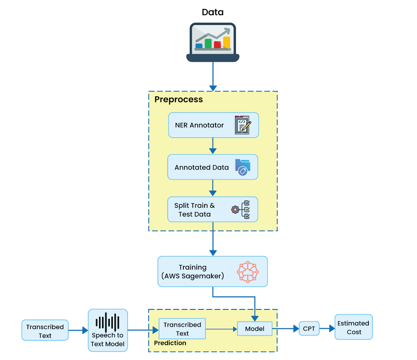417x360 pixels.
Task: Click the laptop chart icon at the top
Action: [212, 43]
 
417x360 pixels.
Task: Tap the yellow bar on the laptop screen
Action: [226, 42]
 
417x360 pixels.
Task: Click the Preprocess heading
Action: [179, 100]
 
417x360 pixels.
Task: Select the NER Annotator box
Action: [213, 125]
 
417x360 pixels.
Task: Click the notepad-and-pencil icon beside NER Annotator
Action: [242, 125]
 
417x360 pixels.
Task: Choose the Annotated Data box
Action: [212, 167]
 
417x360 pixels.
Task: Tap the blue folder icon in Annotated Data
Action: [242, 167]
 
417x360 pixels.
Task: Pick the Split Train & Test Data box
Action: [212, 210]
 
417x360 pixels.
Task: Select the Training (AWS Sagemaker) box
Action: [212, 272]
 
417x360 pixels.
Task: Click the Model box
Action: [255, 329]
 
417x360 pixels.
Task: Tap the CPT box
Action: [309, 329]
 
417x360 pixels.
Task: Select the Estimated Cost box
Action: [353, 327]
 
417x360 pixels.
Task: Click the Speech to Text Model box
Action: [108, 331]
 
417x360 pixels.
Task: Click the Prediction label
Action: [170, 343]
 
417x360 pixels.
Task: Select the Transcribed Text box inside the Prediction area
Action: [182, 329]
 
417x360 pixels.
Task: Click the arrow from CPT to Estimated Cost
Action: [327, 329]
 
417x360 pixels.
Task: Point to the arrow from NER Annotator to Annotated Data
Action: [213, 146]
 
